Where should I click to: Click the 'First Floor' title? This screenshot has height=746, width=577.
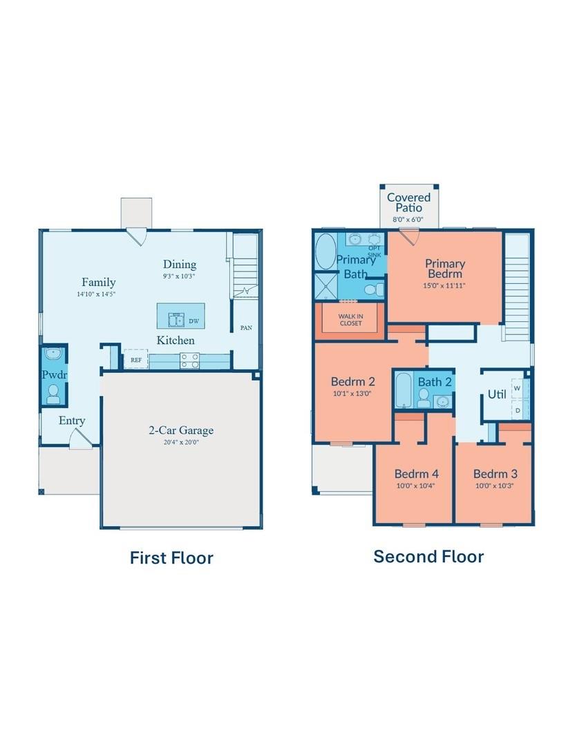(171, 557)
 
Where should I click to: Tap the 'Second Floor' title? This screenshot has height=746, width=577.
(428, 556)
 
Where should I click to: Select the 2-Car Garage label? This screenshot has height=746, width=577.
(181, 430)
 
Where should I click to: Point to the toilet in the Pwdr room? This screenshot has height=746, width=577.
(53, 394)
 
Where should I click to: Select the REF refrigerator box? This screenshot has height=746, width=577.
(135, 360)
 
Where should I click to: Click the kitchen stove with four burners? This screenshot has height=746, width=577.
(190, 360)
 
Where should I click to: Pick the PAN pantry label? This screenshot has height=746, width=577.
(245, 328)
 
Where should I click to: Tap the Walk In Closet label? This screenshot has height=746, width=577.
(350, 320)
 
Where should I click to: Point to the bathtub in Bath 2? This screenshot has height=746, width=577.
(404, 390)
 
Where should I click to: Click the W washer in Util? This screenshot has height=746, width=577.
(517, 388)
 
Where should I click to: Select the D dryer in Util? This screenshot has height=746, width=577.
(517, 410)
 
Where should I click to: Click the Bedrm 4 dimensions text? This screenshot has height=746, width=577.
(416, 486)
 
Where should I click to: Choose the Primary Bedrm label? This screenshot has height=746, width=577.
(444, 268)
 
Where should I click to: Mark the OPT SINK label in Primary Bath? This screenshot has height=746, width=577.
(374, 251)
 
